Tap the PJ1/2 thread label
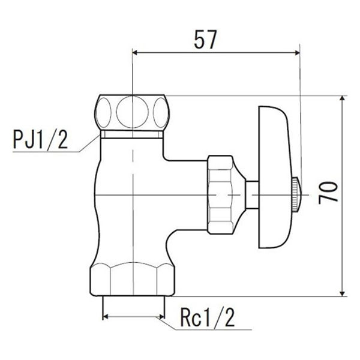coord(41,143)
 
